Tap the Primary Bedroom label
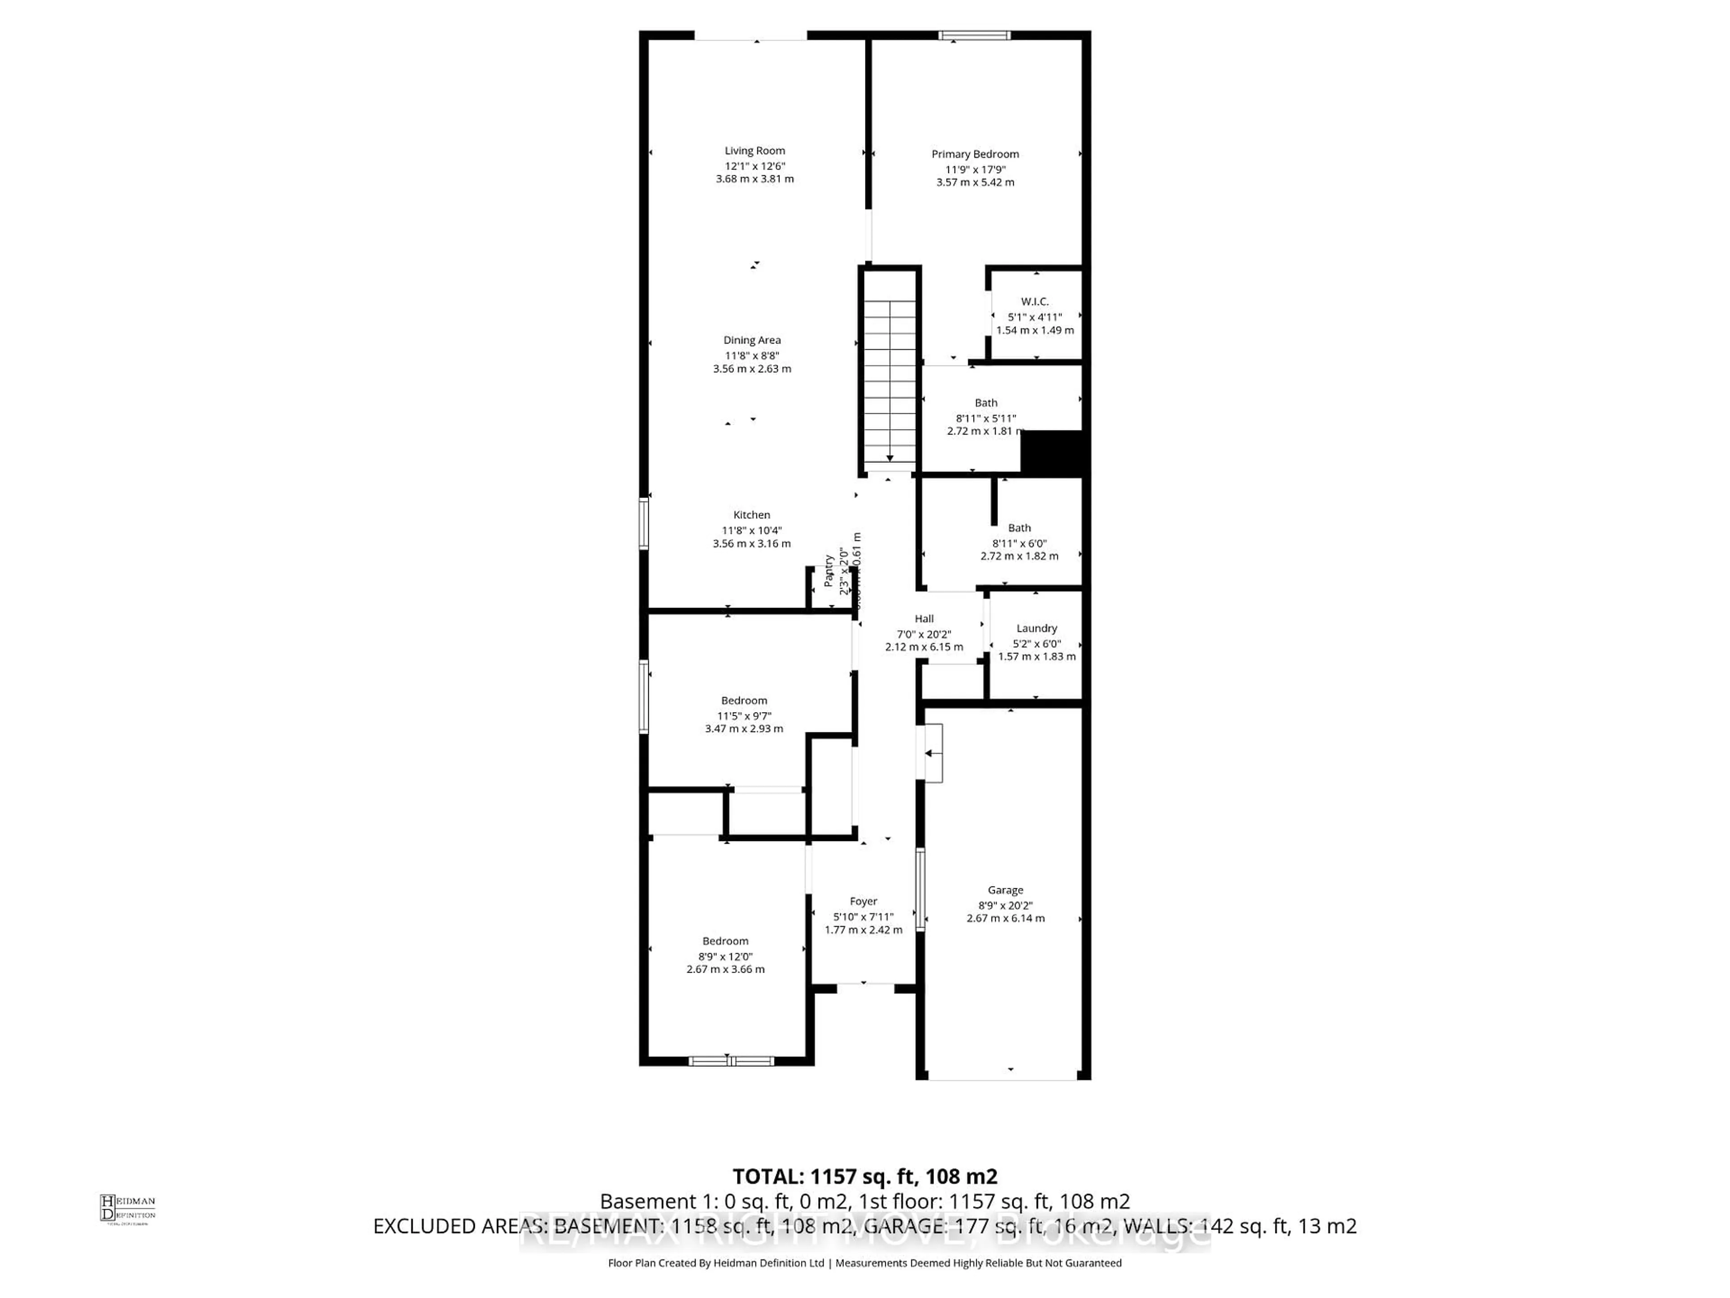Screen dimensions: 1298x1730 point(974,154)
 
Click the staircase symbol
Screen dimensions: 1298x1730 point(889,384)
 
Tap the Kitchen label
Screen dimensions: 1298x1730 point(751,515)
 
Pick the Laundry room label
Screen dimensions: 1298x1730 point(1036,628)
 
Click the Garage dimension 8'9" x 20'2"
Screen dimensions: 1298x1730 point(1005,905)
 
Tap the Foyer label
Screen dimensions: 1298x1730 point(864,901)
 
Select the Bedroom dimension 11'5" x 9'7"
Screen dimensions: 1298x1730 point(744,716)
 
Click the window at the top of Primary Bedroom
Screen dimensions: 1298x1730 point(974,35)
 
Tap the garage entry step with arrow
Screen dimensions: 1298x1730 point(932,753)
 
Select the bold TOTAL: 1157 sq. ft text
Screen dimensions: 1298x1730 point(864,1177)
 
